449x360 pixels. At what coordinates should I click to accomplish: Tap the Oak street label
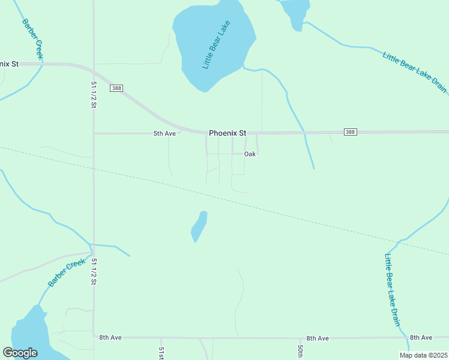[250, 154]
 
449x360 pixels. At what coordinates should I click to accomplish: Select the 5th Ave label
[164, 133]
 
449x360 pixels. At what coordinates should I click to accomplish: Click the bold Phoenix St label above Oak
[228, 133]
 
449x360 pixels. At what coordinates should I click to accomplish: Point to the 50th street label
[300, 352]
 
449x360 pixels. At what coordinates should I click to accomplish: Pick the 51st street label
[161, 353]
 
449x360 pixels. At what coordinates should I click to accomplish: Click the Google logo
[20, 353]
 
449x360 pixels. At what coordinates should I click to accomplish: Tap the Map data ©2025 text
[423, 355]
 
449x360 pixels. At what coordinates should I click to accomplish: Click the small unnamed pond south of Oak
[199, 226]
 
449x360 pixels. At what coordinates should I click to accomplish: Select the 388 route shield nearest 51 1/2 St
[116, 88]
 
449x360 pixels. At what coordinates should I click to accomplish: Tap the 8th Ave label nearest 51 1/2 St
[110, 338]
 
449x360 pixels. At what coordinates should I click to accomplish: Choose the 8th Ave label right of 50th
[318, 338]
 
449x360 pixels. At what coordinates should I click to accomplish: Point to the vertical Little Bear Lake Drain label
[391, 289]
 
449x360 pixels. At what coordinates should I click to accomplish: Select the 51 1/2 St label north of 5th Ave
[94, 94]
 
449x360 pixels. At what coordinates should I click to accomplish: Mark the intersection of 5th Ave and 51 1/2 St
[94, 133]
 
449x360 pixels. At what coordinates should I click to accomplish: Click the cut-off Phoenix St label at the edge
[10, 63]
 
